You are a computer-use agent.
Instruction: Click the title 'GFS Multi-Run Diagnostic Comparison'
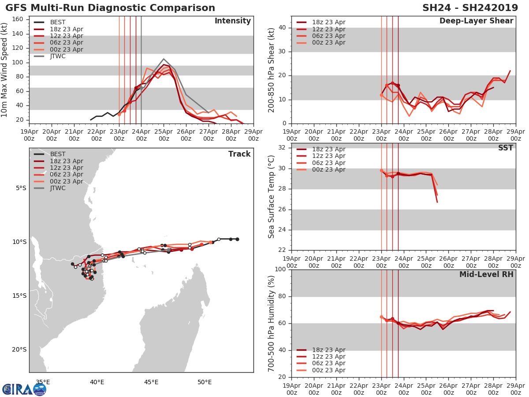110,8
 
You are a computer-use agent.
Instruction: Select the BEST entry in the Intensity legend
57,22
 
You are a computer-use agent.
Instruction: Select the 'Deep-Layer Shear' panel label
476,21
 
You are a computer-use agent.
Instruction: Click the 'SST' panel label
505,148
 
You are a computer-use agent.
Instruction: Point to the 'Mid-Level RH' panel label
486,274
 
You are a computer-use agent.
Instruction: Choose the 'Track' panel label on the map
239,154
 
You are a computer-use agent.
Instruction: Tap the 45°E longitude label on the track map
151,382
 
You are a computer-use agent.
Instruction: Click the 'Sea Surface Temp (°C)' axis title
272,196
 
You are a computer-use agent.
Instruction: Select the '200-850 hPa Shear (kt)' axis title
272,70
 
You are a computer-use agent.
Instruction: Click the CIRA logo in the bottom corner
24,389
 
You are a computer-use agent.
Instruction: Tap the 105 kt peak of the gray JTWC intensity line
164,59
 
